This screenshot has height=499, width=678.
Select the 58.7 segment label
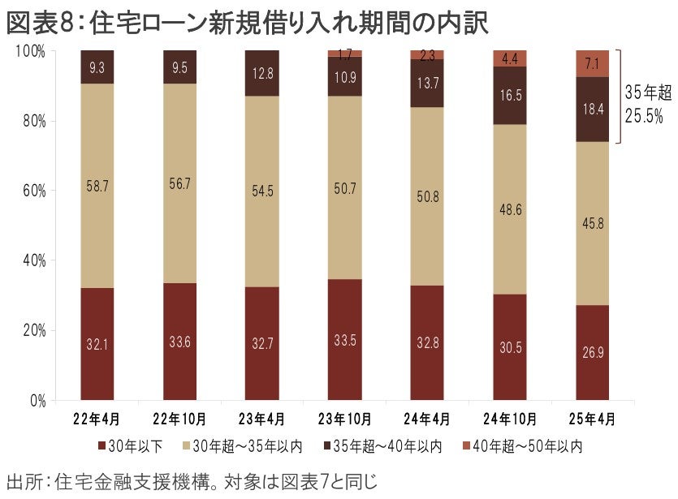pos(97,186)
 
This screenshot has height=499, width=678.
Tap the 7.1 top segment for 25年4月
pos(591,63)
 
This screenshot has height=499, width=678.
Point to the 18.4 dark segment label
pos(591,109)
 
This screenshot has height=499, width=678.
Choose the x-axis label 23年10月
pos(344,420)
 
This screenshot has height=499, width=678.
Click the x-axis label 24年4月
pos(427,420)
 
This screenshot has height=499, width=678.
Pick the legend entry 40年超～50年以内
pos(520,445)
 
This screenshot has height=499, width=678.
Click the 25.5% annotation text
pos(644,116)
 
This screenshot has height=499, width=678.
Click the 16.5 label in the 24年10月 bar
pos(509,96)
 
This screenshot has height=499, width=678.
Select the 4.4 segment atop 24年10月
pos(509,58)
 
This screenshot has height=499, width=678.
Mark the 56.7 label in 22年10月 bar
pos(179,183)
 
